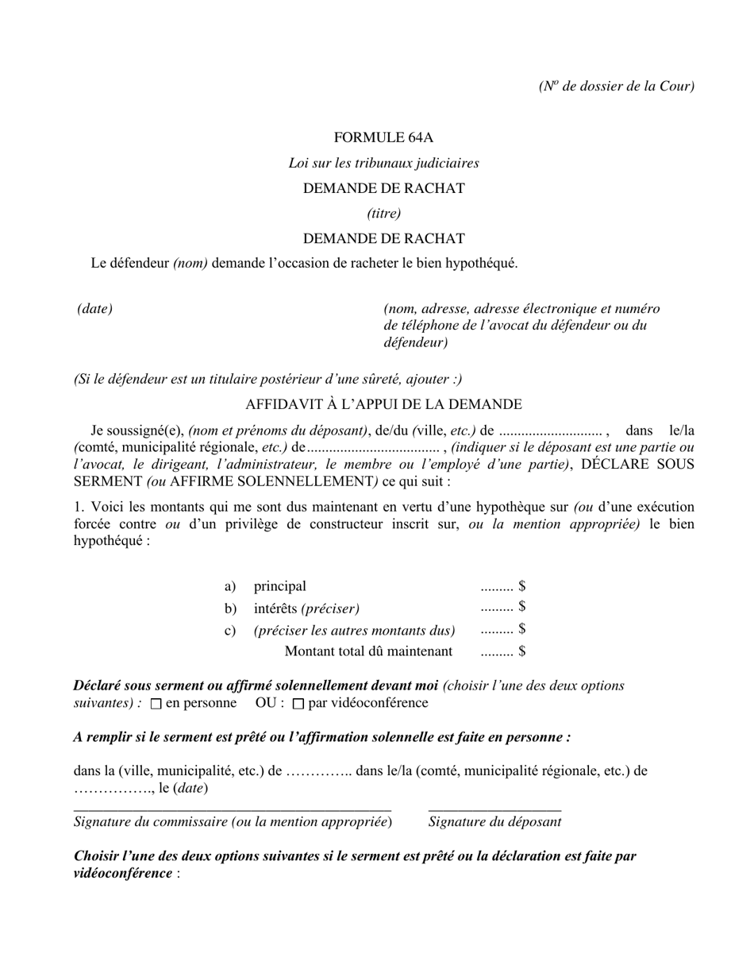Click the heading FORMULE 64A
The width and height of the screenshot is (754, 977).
point(383,137)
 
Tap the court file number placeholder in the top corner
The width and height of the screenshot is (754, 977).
point(616,86)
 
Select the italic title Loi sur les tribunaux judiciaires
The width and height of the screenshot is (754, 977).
point(383,163)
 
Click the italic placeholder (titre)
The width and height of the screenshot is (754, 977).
point(383,213)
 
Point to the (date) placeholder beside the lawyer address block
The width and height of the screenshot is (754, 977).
point(94,308)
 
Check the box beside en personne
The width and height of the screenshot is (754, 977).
point(156,704)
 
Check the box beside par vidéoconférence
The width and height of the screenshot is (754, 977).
point(298,704)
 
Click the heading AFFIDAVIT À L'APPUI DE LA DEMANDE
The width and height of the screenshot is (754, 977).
point(383,404)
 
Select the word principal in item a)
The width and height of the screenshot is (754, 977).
point(279,586)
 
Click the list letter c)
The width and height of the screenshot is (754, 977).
point(230,631)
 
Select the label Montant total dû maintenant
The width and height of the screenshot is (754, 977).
point(368,651)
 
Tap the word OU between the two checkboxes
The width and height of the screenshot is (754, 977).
point(266,703)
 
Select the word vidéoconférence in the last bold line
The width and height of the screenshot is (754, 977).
point(123,873)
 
